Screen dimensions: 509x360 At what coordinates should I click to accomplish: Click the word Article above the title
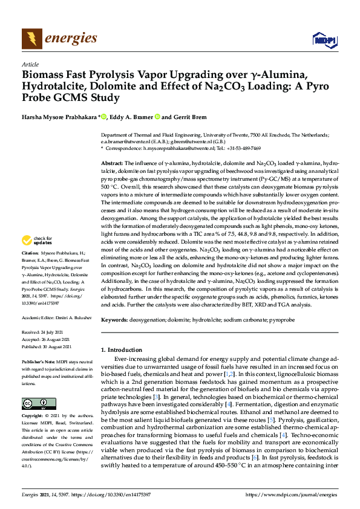30,64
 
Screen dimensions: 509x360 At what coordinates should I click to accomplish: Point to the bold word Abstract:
112,164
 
